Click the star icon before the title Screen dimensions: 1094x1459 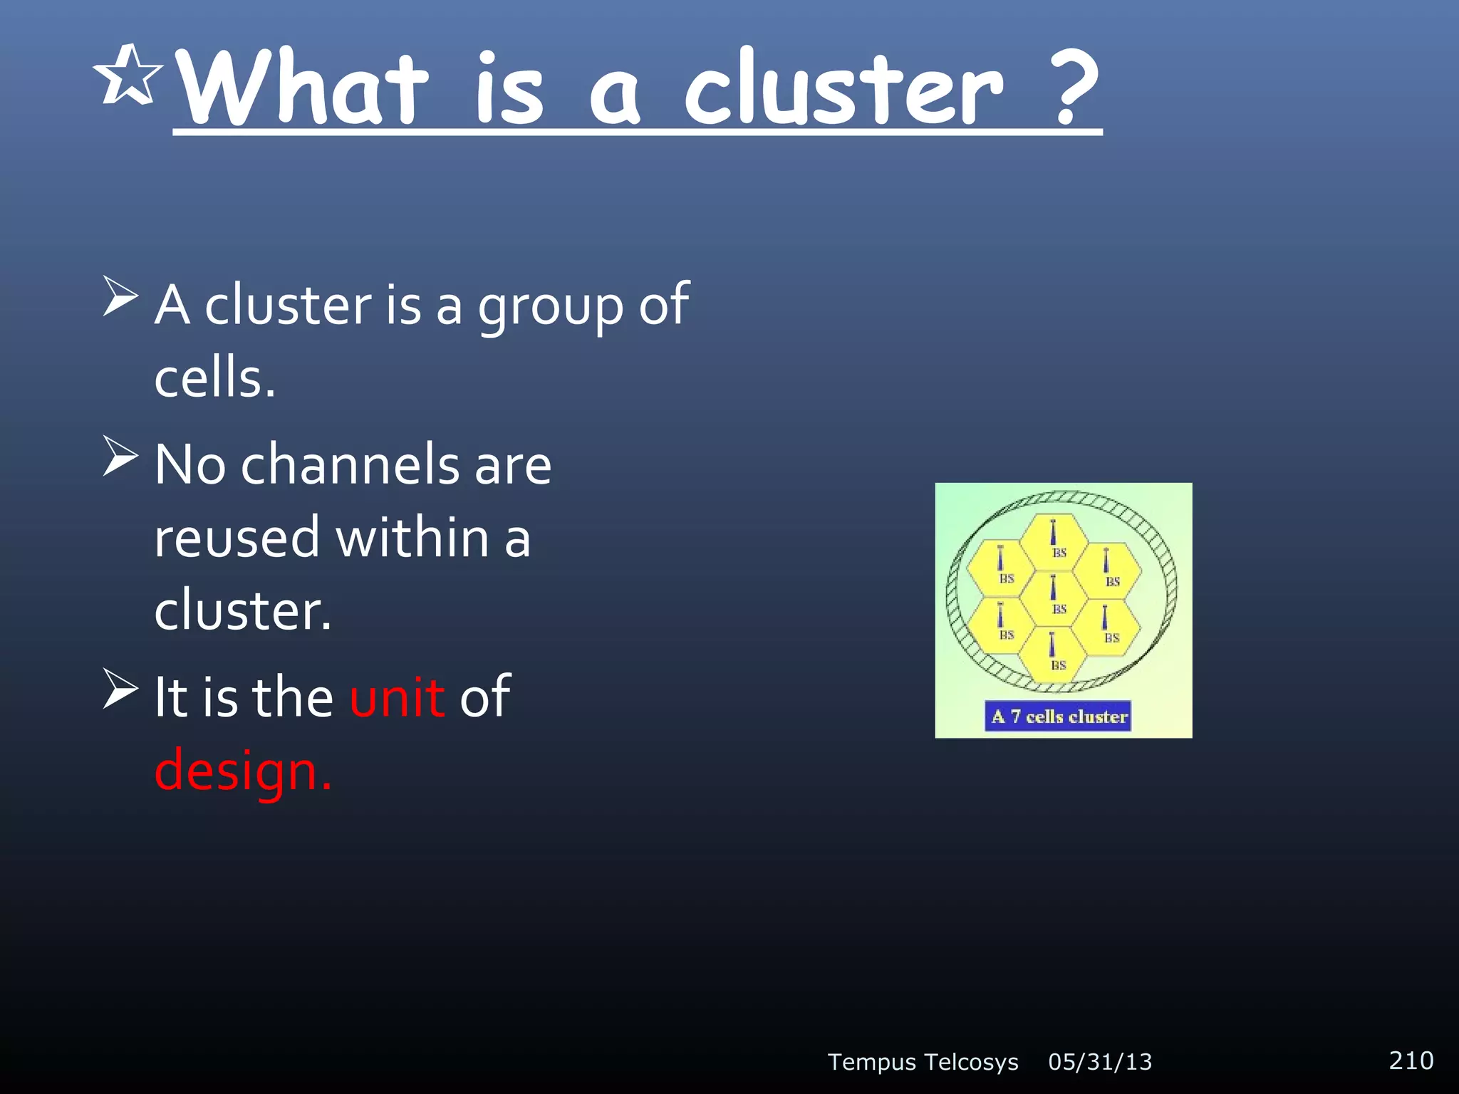(128, 75)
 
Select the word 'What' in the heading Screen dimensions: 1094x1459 (302, 89)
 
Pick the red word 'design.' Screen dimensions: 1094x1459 (243, 771)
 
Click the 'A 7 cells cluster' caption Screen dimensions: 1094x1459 (1059, 717)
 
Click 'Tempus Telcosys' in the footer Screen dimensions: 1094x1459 (923, 1062)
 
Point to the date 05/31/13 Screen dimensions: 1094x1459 (1100, 1062)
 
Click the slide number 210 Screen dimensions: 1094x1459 (1411, 1060)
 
